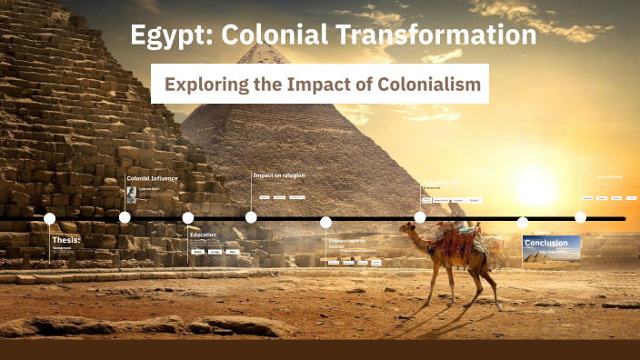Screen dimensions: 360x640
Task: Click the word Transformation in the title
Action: [x=437, y=36]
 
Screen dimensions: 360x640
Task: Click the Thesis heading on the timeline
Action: [x=66, y=240]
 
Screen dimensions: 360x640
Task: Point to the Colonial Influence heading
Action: [x=152, y=178]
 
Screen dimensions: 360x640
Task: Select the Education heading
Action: [x=203, y=235]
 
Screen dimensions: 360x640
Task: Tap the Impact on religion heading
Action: [x=278, y=175]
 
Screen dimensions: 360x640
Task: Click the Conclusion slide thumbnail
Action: [x=552, y=250]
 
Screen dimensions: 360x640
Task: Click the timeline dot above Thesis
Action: [x=50, y=218]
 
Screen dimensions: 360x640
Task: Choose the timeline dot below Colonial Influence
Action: [x=125, y=217]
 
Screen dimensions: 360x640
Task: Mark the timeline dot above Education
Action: [x=188, y=218]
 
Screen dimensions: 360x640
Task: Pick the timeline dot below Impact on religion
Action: [x=251, y=217]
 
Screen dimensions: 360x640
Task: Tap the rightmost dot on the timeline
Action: [x=580, y=217]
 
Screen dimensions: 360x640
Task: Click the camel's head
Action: [x=406, y=229]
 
